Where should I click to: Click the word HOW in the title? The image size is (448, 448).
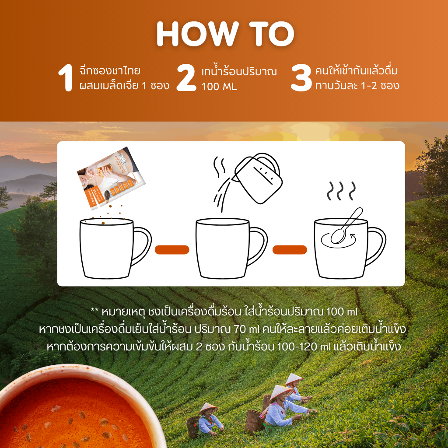pos(197,34)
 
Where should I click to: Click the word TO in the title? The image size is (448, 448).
pos(272,34)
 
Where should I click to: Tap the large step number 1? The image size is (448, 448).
pos(66,78)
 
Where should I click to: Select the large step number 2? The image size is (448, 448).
pos(186,78)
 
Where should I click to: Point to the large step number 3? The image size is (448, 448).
pos(301,78)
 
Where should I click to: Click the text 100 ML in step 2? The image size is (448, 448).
pos(219,87)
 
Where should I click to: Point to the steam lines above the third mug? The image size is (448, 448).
pos(341,191)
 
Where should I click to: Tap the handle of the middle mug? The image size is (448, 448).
pos(258,246)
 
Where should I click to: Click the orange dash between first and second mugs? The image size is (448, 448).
pos(172,250)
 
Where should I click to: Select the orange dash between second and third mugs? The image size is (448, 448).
pos(290,250)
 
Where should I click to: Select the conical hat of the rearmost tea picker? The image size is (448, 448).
pos(294,378)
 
